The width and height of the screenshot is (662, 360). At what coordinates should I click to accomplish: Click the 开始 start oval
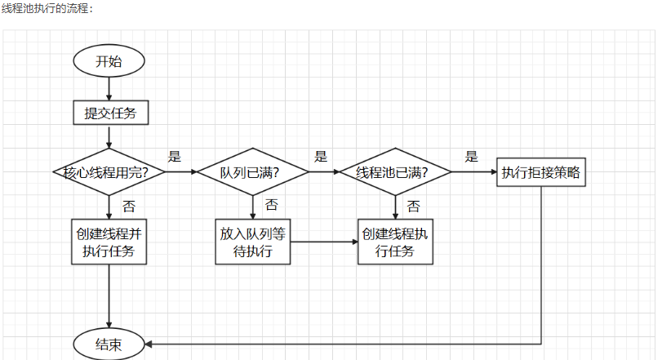109,61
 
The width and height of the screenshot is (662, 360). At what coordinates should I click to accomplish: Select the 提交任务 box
110,112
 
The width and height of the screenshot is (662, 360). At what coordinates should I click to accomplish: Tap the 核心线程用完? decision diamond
109,172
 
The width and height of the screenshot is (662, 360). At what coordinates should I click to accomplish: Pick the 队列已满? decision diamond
252,172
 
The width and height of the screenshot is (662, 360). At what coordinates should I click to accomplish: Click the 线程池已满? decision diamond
395,172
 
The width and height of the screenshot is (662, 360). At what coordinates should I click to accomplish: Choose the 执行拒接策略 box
542,172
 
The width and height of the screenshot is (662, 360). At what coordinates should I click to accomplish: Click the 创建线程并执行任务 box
110,241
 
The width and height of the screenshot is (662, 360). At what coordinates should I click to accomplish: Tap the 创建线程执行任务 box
396,241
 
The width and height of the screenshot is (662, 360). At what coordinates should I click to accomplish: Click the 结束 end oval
109,344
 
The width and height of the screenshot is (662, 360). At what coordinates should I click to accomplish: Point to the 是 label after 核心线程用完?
174,157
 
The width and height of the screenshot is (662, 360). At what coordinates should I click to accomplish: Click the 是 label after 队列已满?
321,157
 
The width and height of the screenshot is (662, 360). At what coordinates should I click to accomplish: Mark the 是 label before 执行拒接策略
472,157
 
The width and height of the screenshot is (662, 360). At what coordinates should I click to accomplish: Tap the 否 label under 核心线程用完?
129,205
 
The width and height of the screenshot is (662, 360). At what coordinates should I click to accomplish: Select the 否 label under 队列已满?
271,205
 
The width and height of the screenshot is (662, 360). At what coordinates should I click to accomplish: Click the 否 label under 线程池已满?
414,205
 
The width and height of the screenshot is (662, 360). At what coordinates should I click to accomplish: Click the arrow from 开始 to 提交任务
109,88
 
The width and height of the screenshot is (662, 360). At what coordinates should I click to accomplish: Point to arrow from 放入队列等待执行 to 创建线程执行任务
324,241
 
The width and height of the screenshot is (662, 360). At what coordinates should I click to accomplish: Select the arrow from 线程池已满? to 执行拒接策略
473,172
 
